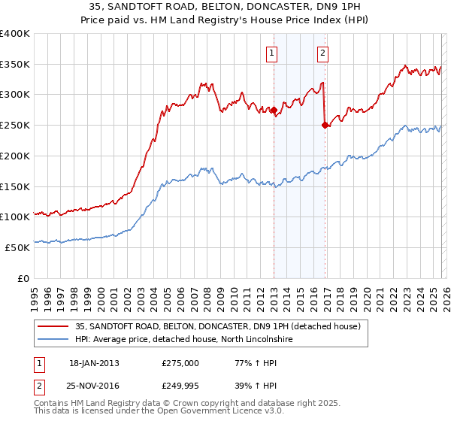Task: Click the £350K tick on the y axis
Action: point(15,65)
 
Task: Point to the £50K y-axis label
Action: point(17,247)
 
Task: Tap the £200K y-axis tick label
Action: point(15,156)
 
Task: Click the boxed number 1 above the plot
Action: point(271,53)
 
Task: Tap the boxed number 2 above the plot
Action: point(322,53)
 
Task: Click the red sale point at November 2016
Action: point(325,126)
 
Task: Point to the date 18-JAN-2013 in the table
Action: point(94,363)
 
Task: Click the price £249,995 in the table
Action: point(181,386)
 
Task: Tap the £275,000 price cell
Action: point(180,363)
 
